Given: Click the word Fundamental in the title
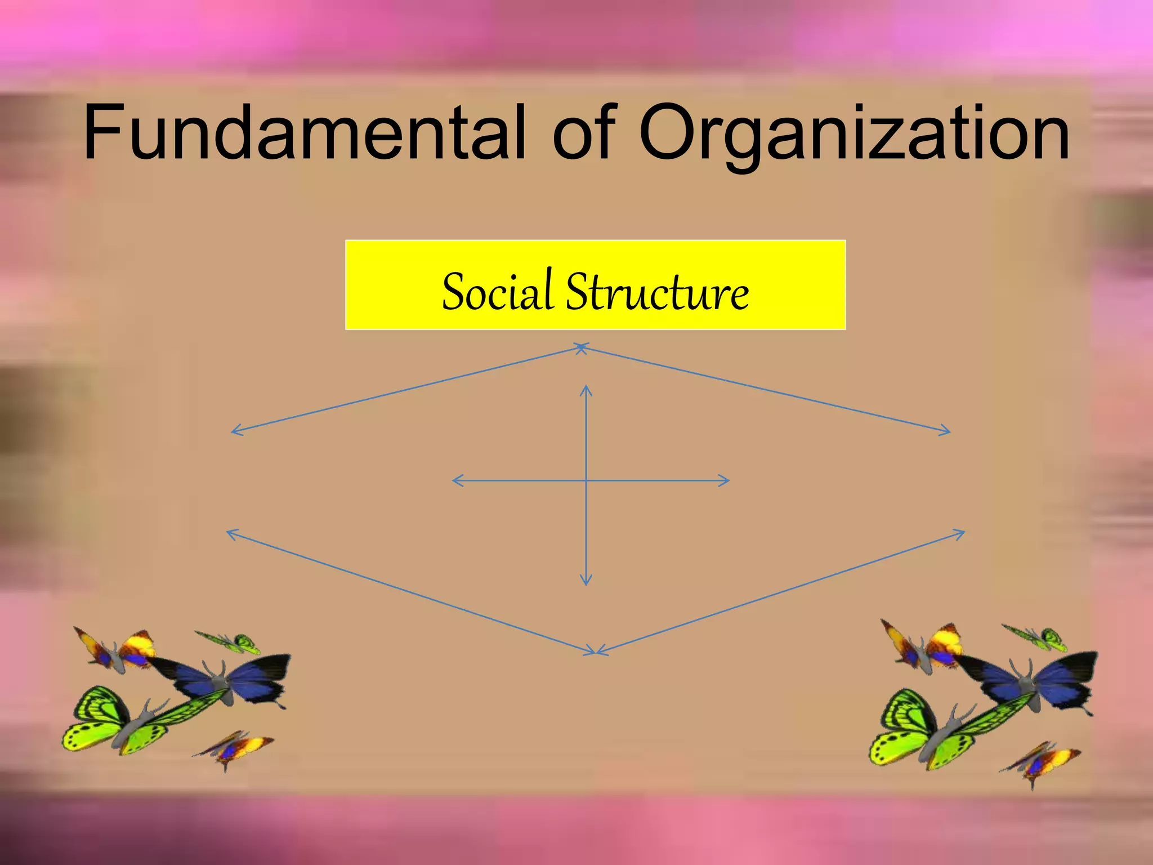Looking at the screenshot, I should (x=304, y=132).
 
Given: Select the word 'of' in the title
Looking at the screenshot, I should (x=584, y=132).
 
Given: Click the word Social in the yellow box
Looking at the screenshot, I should (x=497, y=291).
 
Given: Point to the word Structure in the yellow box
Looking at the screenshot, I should (x=657, y=291).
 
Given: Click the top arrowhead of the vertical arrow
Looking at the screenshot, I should (x=586, y=388).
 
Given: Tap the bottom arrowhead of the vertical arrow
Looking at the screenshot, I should (x=586, y=583).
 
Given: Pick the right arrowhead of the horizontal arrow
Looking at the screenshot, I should (x=727, y=480).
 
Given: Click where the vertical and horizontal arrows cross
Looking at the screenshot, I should (x=586, y=480).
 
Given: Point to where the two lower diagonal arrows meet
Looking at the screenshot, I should (x=596, y=653).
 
